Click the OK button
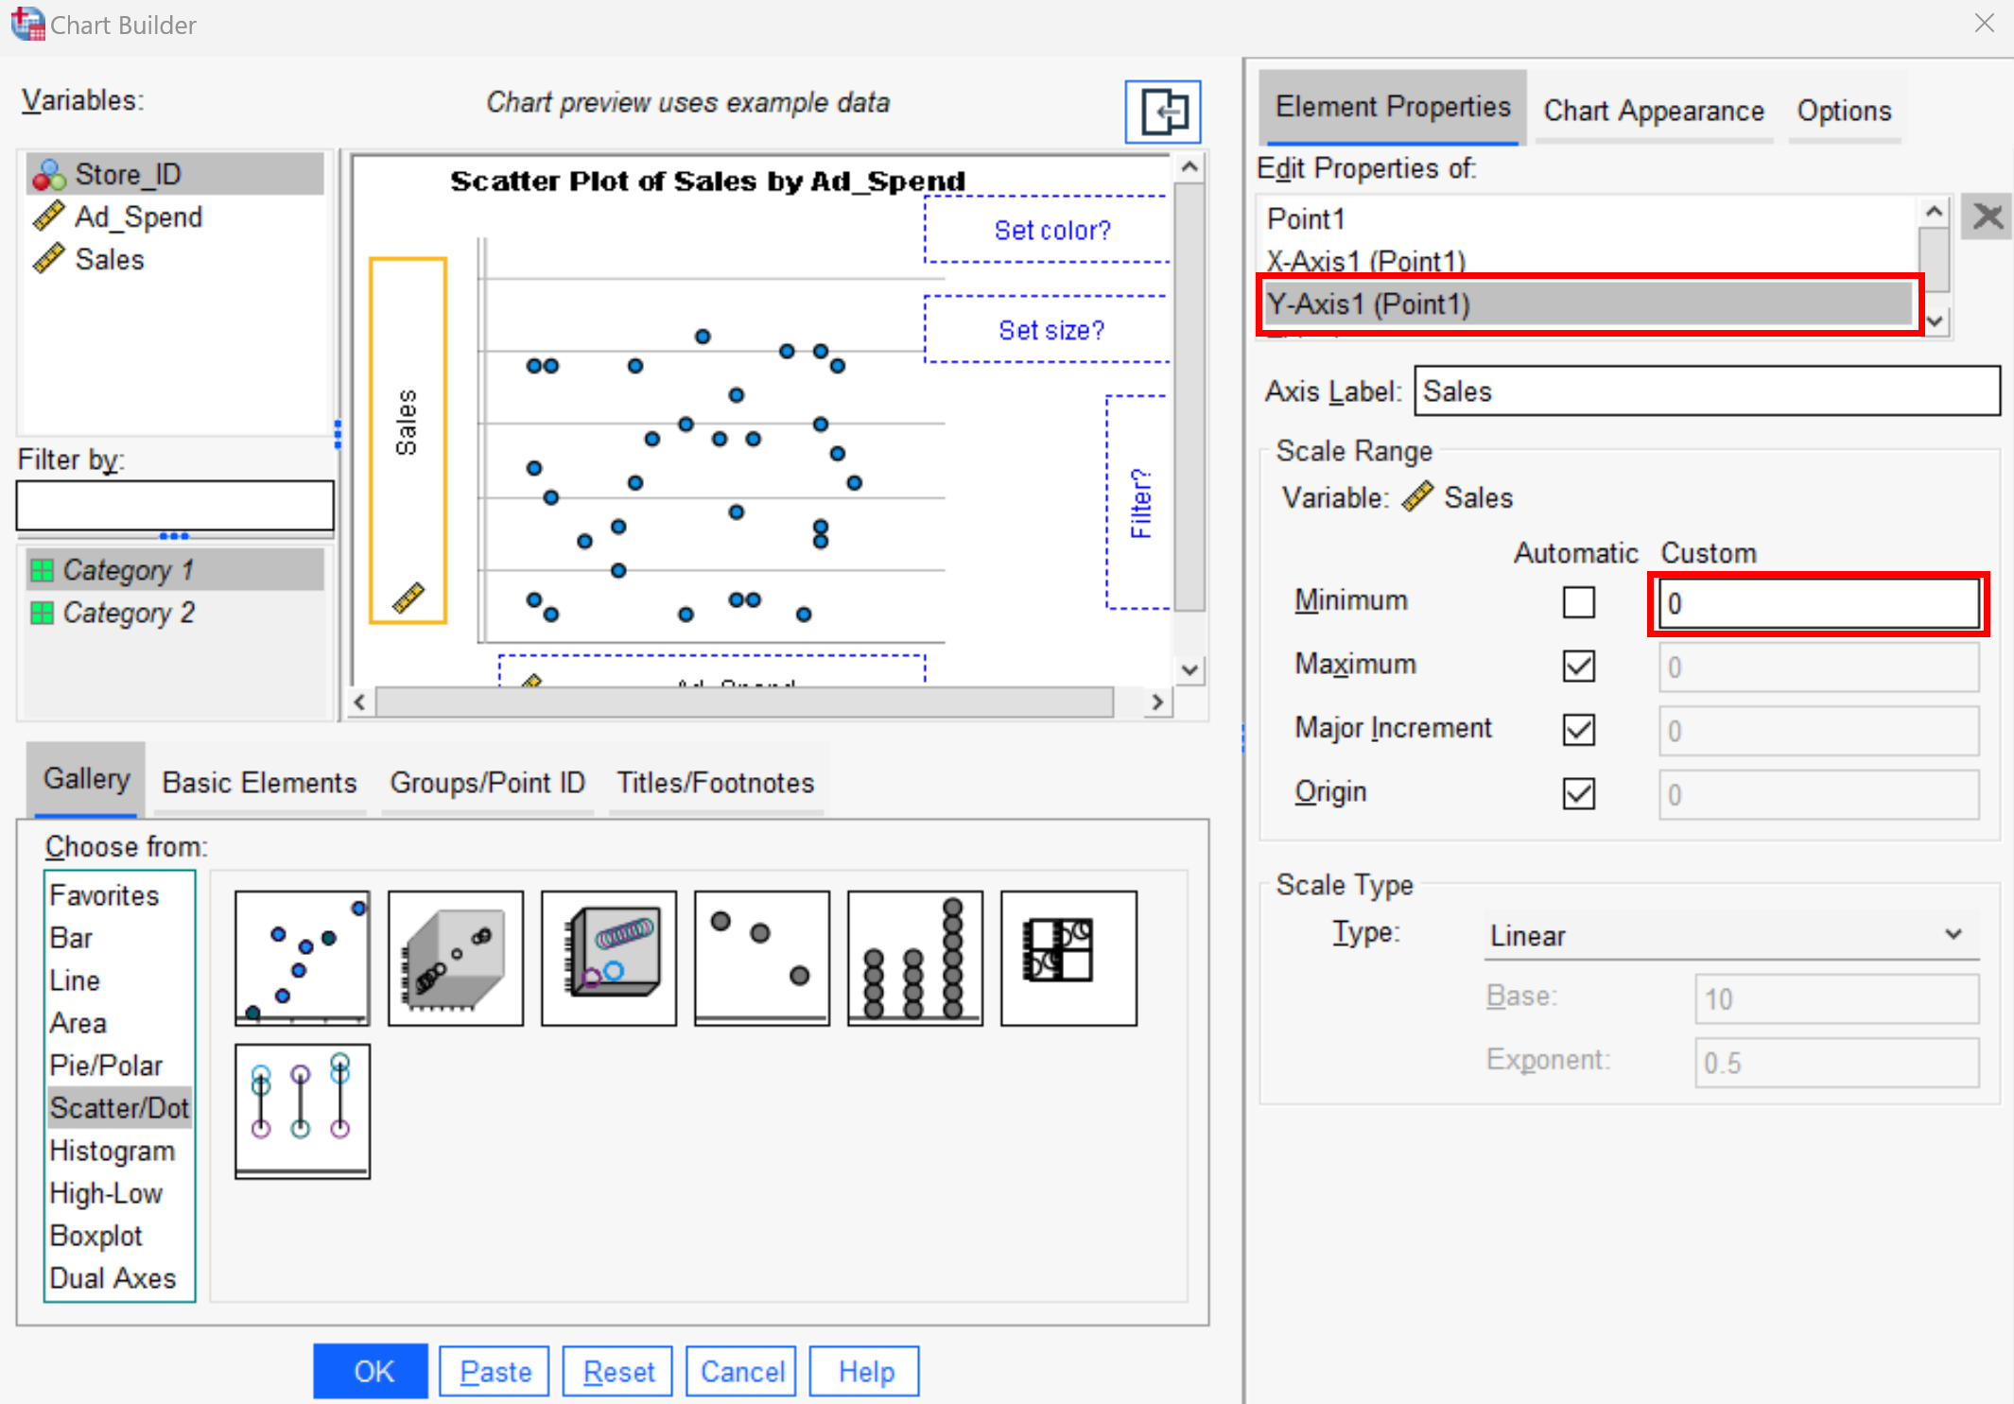tap(370, 1371)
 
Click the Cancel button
tap(741, 1371)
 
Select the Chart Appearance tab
tap(1653, 112)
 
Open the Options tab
tap(1843, 112)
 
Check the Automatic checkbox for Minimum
tap(1578, 602)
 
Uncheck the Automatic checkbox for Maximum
tap(1578, 666)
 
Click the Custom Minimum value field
tap(1817, 603)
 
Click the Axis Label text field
tap(1706, 391)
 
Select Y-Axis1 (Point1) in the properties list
tap(1589, 304)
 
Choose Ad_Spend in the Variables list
tap(138, 217)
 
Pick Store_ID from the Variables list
tap(128, 175)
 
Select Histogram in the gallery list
tap(112, 1151)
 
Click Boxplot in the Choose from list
tap(95, 1236)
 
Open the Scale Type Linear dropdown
tap(1729, 935)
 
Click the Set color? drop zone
tap(1050, 230)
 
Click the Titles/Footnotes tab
tap(715, 783)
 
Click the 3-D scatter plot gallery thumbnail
tap(456, 959)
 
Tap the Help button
tap(865, 1371)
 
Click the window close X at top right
tap(1984, 24)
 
